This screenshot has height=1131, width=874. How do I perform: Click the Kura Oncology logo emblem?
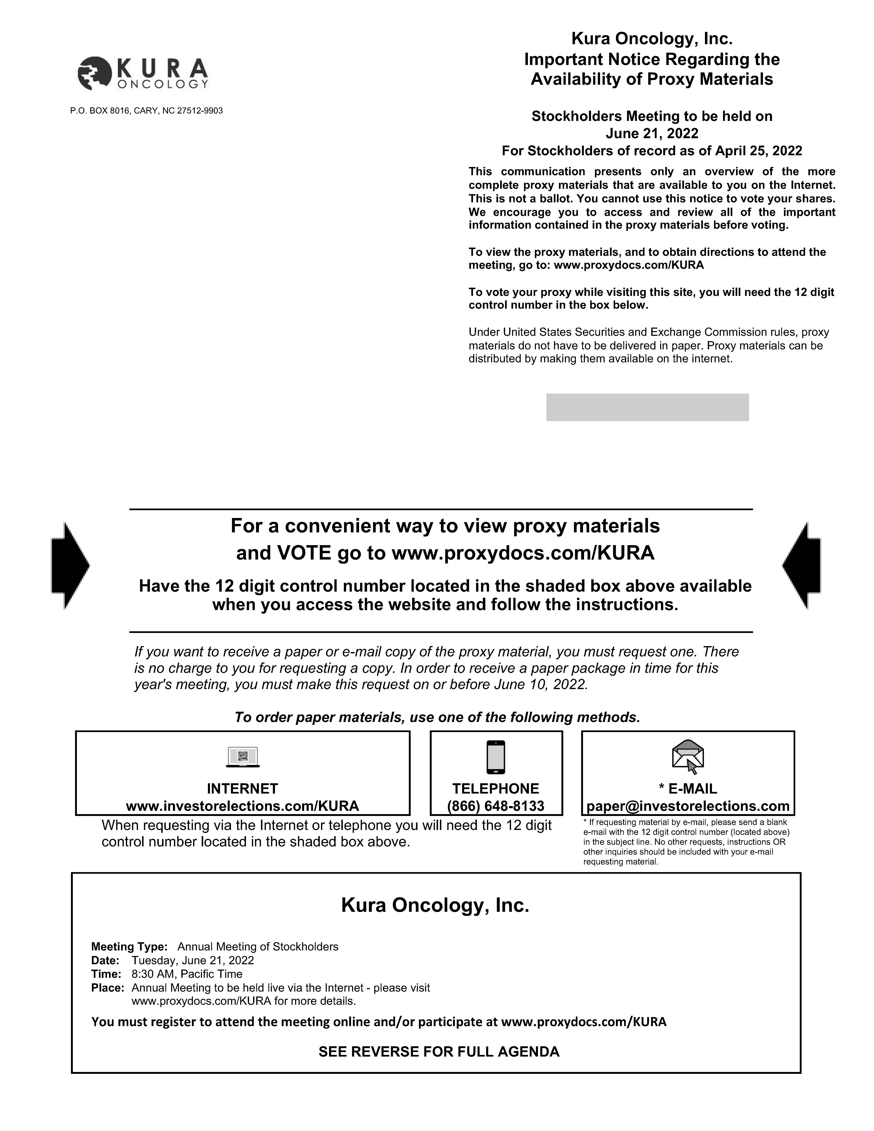point(94,73)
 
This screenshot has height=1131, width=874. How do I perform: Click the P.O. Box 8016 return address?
point(147,111)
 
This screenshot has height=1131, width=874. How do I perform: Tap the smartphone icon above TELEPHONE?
point(496,757)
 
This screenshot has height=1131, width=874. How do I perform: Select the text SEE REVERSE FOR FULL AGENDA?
point(439,1052)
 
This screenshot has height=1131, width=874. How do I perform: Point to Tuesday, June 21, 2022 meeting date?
point(193,960)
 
